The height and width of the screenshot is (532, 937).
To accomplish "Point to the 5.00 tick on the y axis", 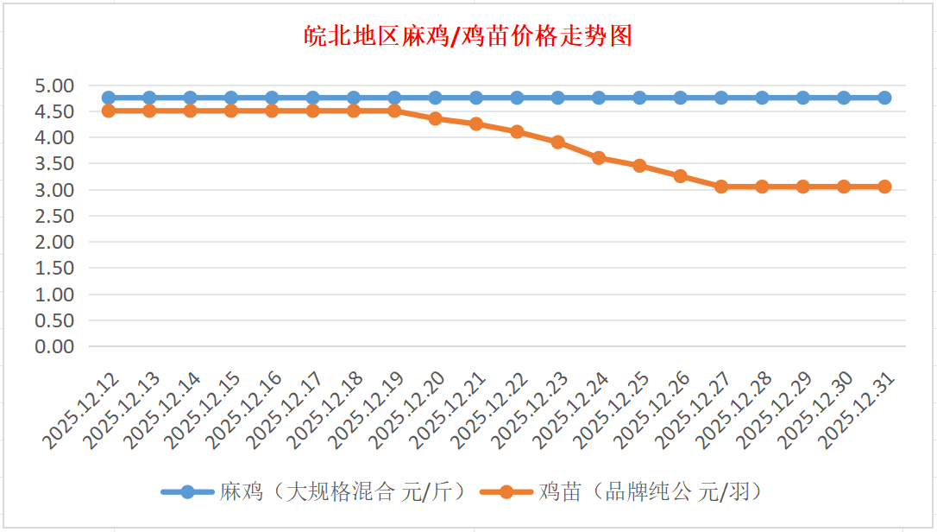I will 53,85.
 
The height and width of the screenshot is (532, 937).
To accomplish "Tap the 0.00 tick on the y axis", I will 53,346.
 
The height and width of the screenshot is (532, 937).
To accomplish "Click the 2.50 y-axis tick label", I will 53,216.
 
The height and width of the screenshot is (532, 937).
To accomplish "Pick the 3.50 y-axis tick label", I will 53,163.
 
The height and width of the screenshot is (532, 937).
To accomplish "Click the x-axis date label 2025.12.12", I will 83,413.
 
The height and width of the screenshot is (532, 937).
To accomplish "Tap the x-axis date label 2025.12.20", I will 410,413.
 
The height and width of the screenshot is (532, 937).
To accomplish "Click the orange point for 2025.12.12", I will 109,111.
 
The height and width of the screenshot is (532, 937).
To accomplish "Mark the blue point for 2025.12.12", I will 109,98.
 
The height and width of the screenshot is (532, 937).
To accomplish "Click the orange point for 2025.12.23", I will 557,142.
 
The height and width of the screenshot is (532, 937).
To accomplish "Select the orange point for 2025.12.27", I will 721,187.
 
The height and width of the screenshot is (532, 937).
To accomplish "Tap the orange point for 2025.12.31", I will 884,187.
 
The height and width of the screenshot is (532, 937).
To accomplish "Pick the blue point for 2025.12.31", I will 884,98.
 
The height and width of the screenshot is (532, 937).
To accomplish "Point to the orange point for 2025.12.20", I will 436,118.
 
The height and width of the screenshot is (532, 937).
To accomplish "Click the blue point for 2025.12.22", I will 517,98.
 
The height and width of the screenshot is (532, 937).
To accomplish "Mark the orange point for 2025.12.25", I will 639,166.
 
